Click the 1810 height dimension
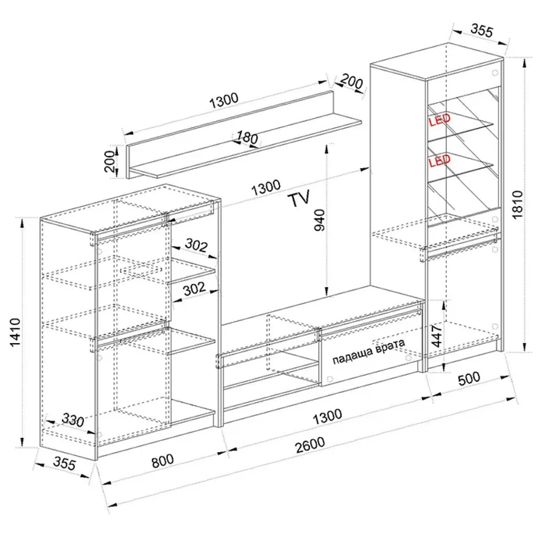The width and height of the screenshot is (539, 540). click(517, 204)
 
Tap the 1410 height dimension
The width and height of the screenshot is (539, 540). click(15, 333)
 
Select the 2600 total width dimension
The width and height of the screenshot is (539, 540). click(310, 444)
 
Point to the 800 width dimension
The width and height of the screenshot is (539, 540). click(162, 461)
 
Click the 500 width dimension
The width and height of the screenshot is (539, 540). click(469, 378)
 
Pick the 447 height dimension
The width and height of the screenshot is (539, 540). click(437, 336)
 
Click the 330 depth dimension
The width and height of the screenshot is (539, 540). click(73, 420)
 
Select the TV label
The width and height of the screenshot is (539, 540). click(299, 199)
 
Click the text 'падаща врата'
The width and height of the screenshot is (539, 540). click(369, 352)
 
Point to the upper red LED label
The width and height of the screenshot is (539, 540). click(440, 119)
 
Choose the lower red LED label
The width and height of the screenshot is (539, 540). click(440, 160)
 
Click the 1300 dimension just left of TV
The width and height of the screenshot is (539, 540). click(266, 187)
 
